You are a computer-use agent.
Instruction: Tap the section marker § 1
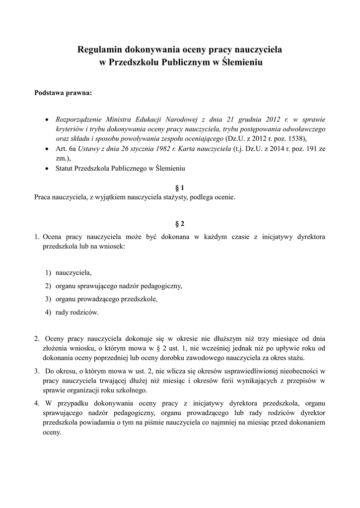pyautogui.click(x=180, y=188)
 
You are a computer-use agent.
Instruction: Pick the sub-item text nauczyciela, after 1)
pyautogui.click(x=73, y=272)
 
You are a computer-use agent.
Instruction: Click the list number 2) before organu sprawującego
pyautogui.click(x=48, y=286)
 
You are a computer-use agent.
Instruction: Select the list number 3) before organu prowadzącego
pyautogui.click(x=48, y=299)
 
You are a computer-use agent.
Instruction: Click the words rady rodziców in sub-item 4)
pyautogui.click(x=77, y=312)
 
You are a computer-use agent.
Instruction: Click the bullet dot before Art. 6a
pyautogui.click(x=47, y=148)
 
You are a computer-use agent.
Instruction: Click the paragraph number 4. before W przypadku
pyautogui.click(x=37, y=403)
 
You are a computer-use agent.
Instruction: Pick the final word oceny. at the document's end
pyautogui.click(x=52, y=432)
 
